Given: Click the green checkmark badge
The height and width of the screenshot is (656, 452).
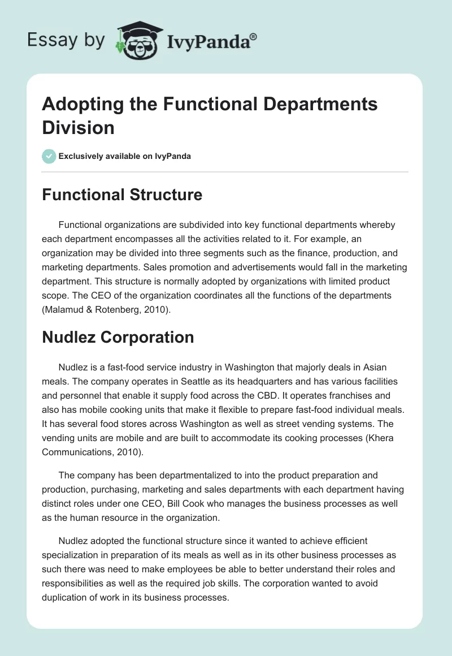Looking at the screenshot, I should click(x=49, y=156).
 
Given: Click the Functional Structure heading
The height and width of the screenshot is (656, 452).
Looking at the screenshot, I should click(x=122, y=195).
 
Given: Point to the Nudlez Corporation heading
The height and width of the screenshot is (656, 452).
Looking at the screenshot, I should click(x=118, y=337).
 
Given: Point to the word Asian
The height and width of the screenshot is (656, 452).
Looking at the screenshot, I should click(x=372, y=367).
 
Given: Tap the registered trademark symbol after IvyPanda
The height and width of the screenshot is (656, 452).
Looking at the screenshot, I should click(x=254, y=36).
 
